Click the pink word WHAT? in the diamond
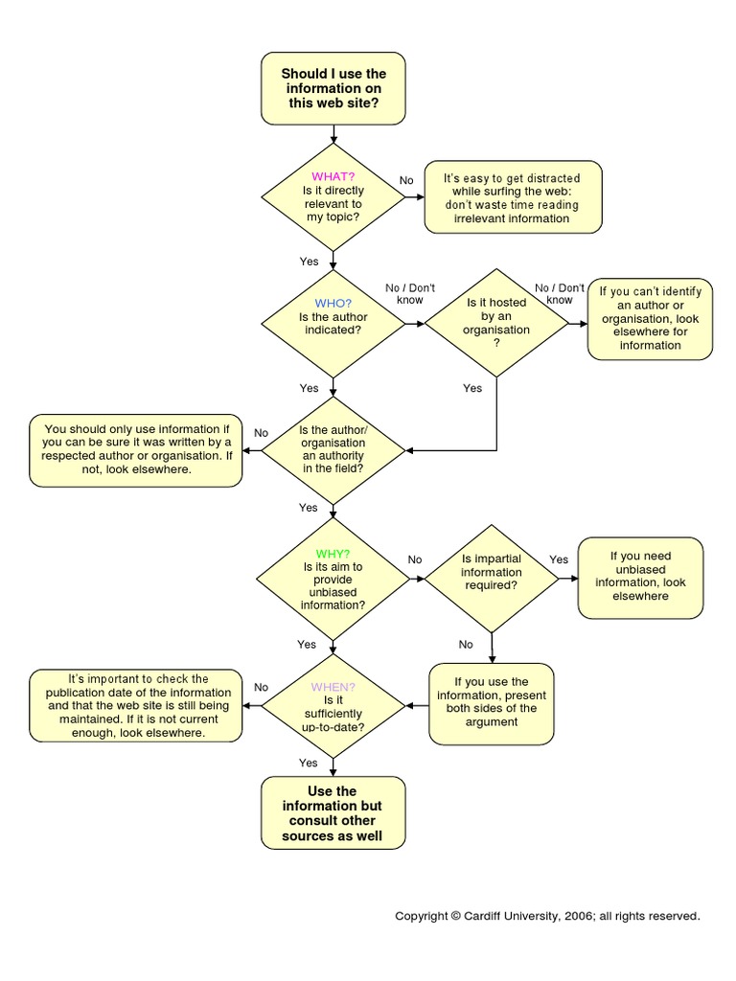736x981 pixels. pos(333,176)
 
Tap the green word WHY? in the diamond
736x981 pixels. pos(333,554)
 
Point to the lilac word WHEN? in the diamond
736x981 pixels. pos(333,687)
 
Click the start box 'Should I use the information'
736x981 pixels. pos(333,88)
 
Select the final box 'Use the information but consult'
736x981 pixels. pos(333,813)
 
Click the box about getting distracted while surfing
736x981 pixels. pos(513,198)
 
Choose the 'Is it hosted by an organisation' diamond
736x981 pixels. pos(496,323)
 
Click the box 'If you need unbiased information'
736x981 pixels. pos(640,577)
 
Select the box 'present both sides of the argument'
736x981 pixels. pos(491,703)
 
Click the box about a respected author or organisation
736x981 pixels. pos(135,450)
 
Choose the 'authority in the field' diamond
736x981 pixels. pos(333,450)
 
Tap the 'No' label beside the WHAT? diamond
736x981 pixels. pos(406,181)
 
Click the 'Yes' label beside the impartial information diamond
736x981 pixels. pos(559,559)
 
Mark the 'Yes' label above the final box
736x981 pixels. pos(308,763)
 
